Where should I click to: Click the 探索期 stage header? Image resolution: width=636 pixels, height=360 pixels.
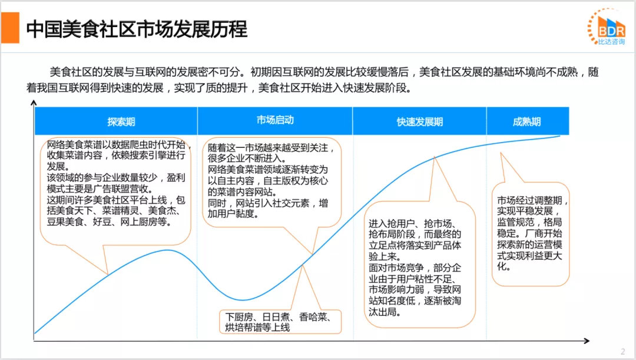[121, 122]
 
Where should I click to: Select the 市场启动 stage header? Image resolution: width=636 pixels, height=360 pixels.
[275, 120]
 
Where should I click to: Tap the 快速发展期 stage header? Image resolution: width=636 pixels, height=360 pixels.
[419, 122]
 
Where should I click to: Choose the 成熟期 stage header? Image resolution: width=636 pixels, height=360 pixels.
[526, 122]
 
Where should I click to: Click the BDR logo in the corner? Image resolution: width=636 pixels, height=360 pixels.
[606, 25]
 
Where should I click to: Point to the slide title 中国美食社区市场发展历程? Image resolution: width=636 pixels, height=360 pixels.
[137, 29]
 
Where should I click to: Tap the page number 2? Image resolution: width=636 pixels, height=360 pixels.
[622, 352]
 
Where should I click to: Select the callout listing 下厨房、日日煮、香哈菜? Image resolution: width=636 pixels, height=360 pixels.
[280, 322]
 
